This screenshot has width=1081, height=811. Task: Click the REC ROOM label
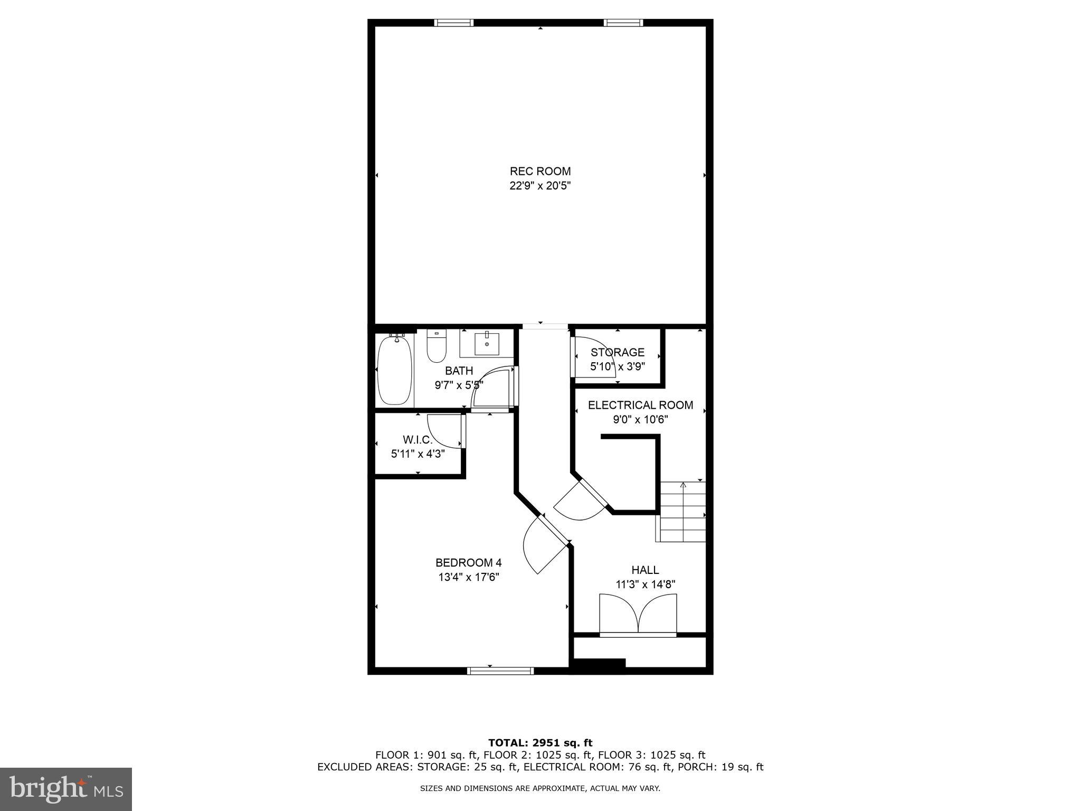pos(540,171)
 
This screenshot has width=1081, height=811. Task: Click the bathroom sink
pos(486,344)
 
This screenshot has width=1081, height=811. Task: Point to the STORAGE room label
pos(618,352)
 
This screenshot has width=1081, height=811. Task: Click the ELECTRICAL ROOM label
pos(640,405)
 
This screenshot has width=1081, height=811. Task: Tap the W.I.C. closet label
pos(418,439)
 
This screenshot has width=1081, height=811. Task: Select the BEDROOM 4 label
pos(468,562)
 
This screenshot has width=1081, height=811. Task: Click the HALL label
pos(645,570)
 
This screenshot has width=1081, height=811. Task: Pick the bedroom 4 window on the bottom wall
pos(500,671)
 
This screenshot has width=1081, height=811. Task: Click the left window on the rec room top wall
pos(454,23)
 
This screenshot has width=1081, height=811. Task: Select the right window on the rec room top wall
pos(623,23)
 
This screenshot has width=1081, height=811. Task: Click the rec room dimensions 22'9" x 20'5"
pos(540,186)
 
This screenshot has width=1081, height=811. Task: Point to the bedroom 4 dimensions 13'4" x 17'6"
pos(469,577)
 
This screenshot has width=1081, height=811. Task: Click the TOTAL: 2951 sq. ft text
pos(540,743)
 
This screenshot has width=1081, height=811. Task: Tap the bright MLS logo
pos(66,789)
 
